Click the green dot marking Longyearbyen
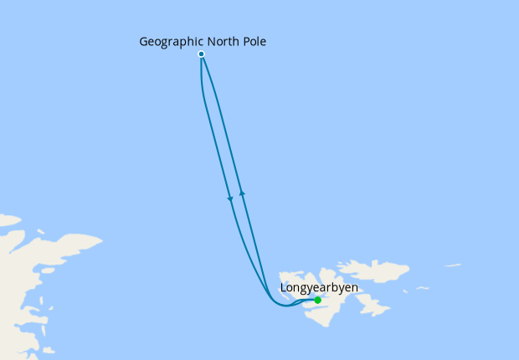[x=317, y=300]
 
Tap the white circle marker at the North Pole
[x=201, y=54]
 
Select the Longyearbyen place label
[x=318, y=288]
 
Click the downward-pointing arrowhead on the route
[x=230, y=198]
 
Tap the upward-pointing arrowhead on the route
[x=242, y=193]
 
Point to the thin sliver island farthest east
[x=452, y=266]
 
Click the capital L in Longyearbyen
[x=282, y=288]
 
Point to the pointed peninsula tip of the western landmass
[x=101, y=242]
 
